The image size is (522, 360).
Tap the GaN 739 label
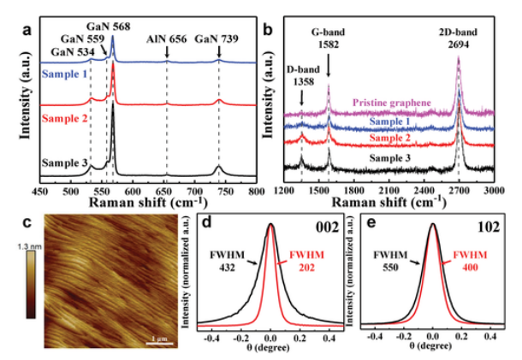click(x=218, y=38)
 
